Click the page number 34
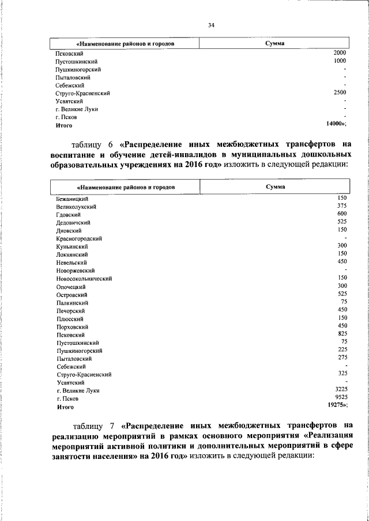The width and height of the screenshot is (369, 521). tap(212, 25)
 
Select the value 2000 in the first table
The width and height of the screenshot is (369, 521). tap(340, 52)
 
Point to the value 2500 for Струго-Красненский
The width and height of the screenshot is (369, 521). tap(340, 92)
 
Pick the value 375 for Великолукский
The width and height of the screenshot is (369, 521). tap(341, 206)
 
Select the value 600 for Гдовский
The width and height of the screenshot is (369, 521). tap(341, 214)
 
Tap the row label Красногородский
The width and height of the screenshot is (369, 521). tap(80, 238)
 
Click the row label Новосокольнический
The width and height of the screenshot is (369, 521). tap(84, 279)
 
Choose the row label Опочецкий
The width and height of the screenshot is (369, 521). tap(71, 286)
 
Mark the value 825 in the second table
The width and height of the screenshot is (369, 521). tap(341, 334)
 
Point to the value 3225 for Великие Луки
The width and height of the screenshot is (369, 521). tap(340, 390)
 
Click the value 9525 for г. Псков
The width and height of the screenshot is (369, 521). tap(340, 398)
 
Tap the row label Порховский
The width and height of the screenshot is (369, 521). tap(72, 326)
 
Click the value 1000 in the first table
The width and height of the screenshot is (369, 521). tap(340, 60)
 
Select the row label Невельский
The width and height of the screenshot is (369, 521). tap(71, 263)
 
